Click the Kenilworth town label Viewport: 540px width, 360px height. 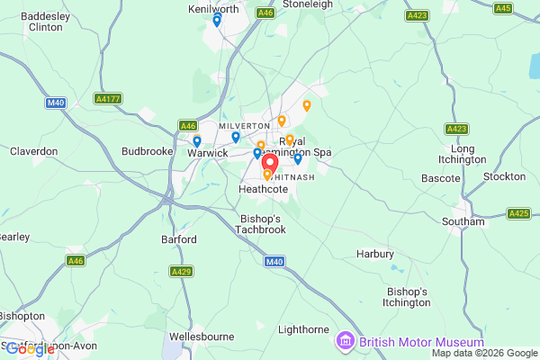coord(212,8)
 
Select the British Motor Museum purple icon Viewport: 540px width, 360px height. coord(343,341)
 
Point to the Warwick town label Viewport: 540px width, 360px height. coord(208,153)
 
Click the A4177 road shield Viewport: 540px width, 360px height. coord(107,98)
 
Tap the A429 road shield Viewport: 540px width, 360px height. coord(182,271)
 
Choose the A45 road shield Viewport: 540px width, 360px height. coord(503,8)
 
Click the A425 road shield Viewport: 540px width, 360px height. coord(518,213)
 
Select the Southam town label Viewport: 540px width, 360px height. coord(463,221)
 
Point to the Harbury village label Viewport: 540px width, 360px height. coord(375,254)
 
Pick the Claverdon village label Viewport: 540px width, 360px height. coord(34,152)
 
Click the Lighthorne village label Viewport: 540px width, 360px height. coord(303,330)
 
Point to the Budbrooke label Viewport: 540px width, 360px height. coord(146,152)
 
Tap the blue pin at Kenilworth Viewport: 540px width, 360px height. coord(217,21)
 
